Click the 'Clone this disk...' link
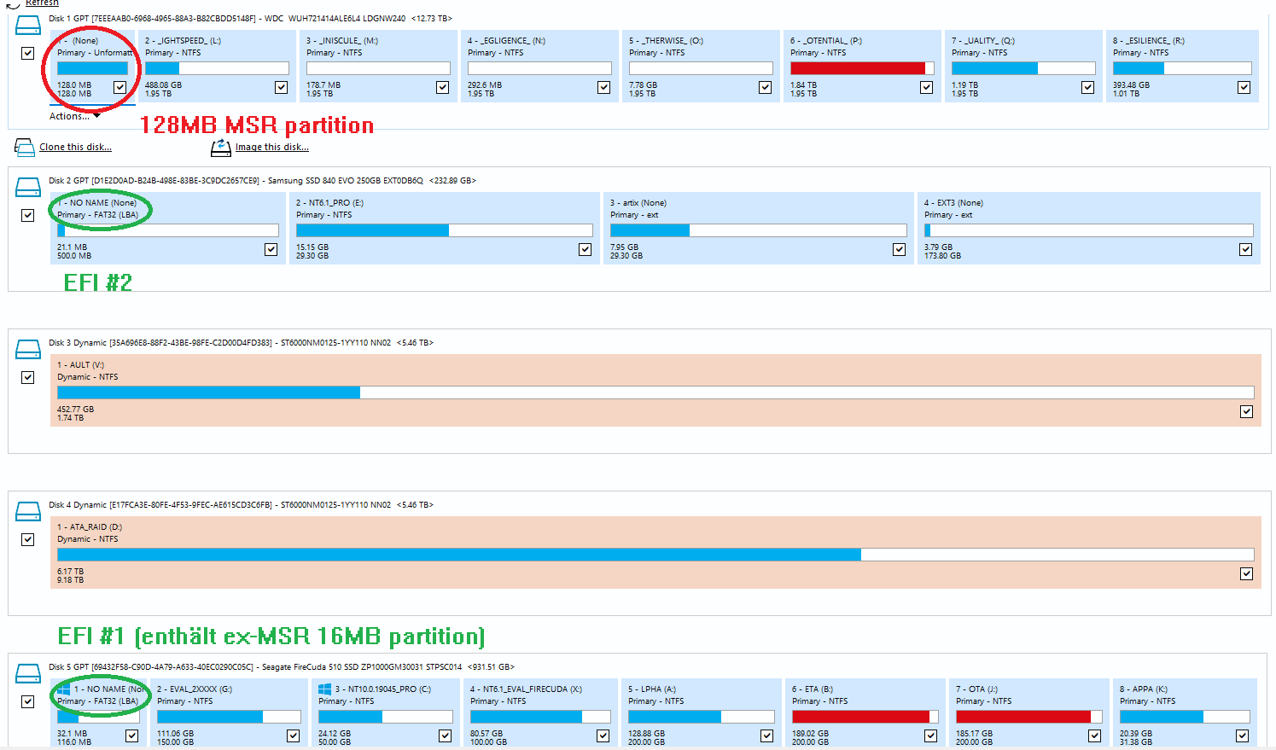[75, 147]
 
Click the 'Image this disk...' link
[271, 147]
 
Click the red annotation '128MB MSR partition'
[256, 125]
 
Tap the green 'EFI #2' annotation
[97, 282]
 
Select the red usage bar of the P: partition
[857, 68]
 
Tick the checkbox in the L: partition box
[281, 87]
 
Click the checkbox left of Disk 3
[28, 377]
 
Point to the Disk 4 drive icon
[28, 511]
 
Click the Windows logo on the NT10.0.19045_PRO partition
[324, 689]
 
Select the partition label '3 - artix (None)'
[638, 203]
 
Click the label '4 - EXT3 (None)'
[953, 203]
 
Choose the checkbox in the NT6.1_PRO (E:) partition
[585, 249]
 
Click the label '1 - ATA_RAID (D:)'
[89, 527]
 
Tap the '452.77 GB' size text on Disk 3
[75, 410]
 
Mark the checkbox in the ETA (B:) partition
[930, 735]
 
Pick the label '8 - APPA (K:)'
[1143, 689]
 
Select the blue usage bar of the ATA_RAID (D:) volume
[458, 555]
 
